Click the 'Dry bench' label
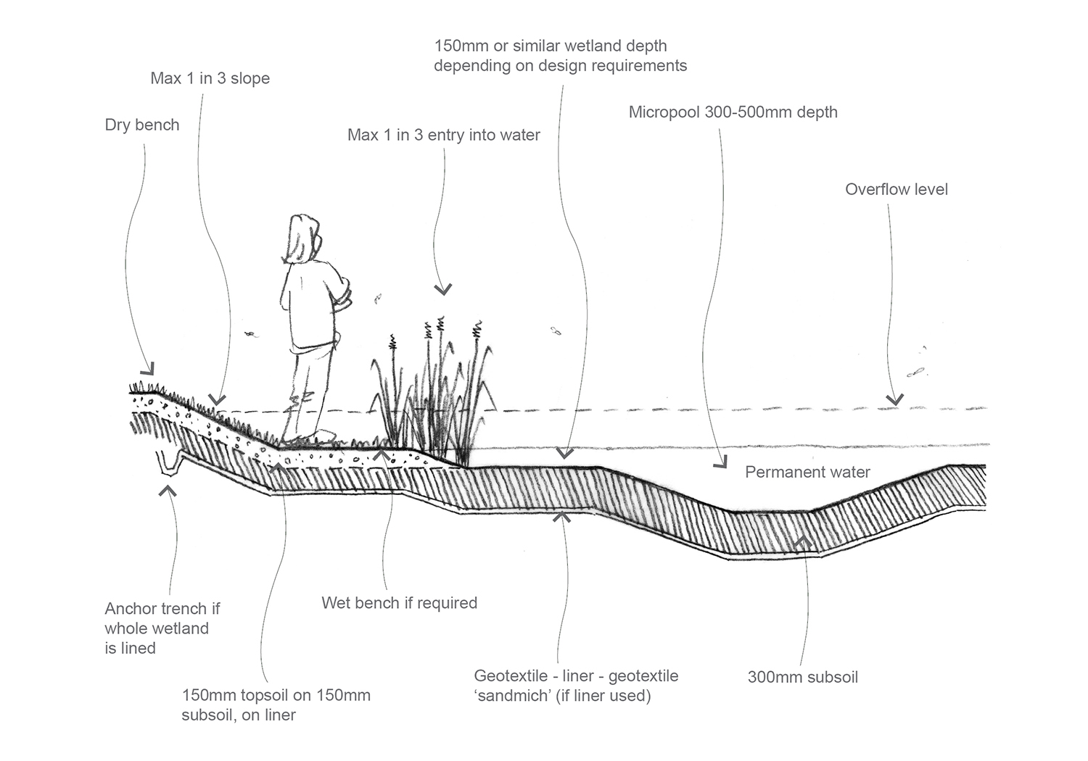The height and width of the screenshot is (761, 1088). [x=142, y=125]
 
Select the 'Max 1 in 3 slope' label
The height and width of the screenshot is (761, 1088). [x=210, y=78]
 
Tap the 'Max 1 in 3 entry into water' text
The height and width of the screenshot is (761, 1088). [x=443, y=135]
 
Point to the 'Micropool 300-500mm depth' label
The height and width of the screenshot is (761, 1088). [x=733, y=112]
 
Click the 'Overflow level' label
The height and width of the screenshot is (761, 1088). [x=896, y=189]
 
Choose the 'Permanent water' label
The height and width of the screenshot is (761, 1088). [x=807, y=473]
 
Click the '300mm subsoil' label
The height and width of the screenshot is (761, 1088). [x=802, y=678]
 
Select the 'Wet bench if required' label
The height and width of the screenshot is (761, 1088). [x=399, y=603]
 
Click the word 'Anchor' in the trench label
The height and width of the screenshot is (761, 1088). [x=131, y=609]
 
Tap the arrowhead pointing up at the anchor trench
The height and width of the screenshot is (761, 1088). [x=169, y=491]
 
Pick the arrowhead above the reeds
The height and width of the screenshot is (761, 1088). [x=442, y=290]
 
